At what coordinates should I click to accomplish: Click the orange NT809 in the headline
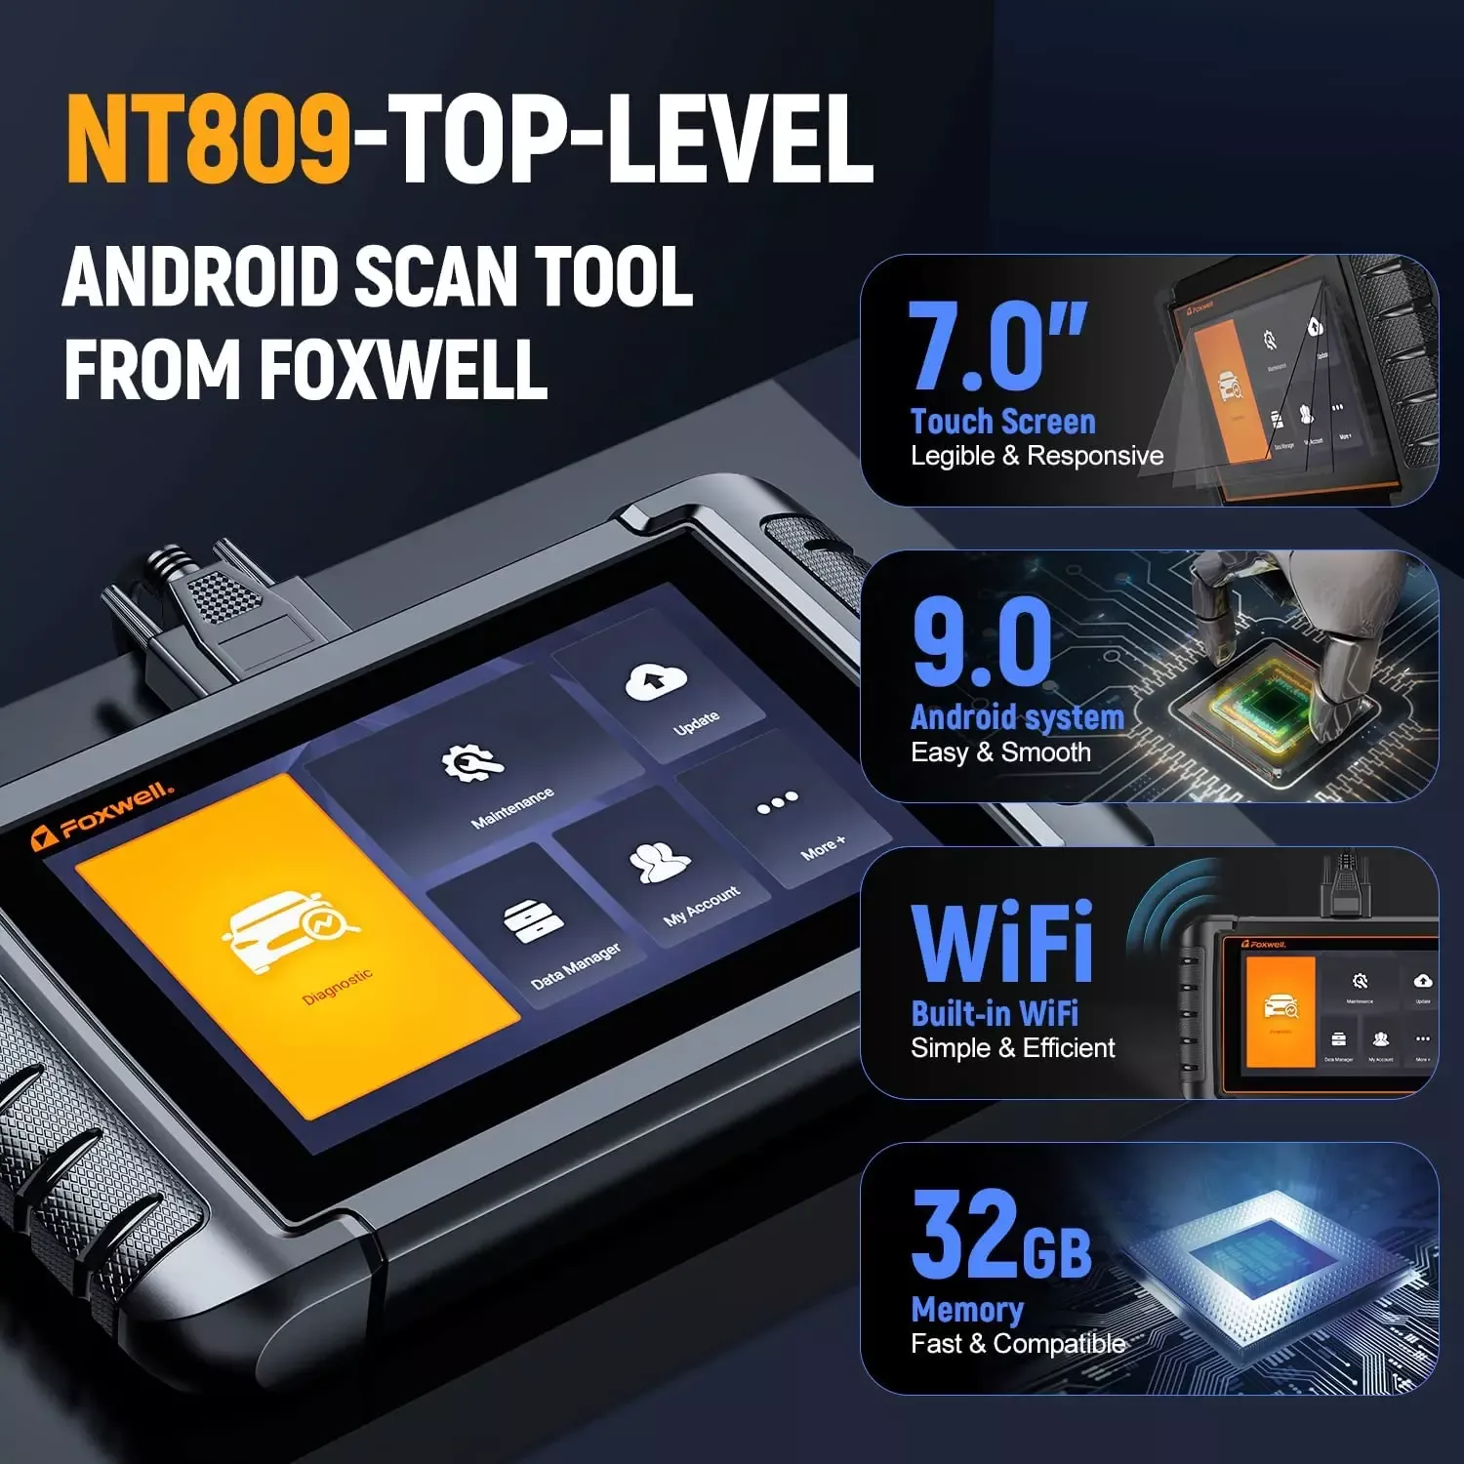point(208,140)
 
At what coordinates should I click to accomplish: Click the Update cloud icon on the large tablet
point(656,681)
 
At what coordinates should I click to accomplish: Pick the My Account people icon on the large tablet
point(659,862)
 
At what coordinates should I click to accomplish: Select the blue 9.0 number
point(982,643)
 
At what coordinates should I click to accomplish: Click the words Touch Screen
point(1002,422)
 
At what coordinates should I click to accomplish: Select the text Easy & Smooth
point(1000,752)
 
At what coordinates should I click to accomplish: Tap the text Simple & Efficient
point(1012,1048)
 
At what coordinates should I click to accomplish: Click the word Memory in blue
point(966,1309)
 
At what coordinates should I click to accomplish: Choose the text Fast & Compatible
point(1018,1344)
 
